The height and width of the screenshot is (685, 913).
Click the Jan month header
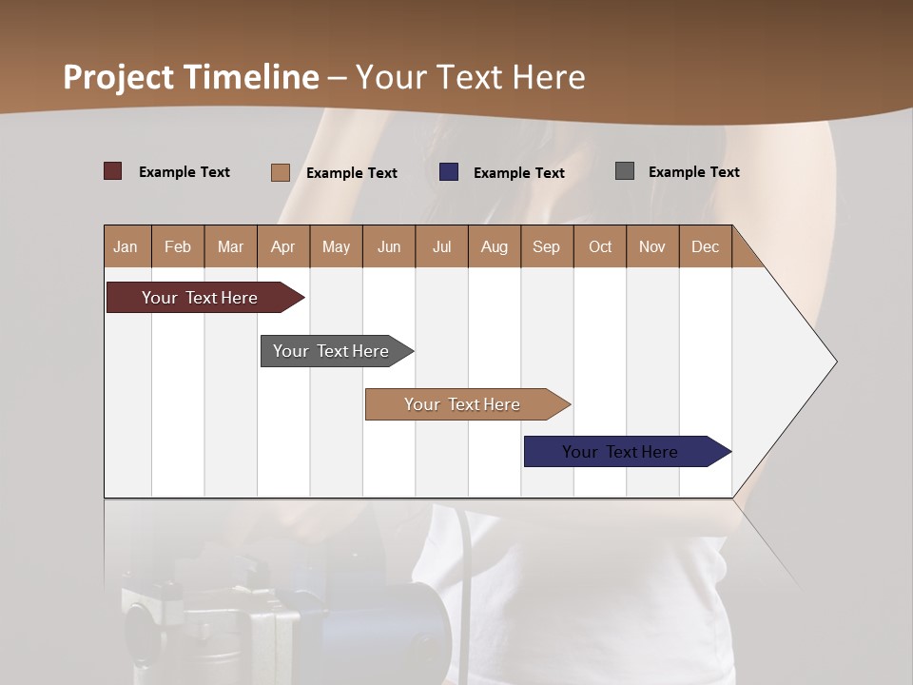[x=126, y=246]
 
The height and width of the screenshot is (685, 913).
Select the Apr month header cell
[x=283, y=246]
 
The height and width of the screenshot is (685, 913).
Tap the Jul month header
[x=441, y=246]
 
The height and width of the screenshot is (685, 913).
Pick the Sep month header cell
[x=547, y=246]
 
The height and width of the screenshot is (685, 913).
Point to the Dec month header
[x=705, y=246]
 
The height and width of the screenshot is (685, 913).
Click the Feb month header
[x=178, y=246]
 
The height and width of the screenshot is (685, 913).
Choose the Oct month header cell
[x=600, y=246]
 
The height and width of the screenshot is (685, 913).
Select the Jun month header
[x=389, y=246]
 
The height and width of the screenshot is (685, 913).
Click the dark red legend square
[x=113, y=171]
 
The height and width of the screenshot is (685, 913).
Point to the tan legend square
[x=281, y=172]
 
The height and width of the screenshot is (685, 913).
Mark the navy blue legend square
[x=449, y=172]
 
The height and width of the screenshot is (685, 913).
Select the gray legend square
[x=625, y=171]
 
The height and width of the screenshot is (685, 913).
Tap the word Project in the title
[x=119, y=77]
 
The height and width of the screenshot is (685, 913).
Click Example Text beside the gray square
[x=693, y=171]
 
